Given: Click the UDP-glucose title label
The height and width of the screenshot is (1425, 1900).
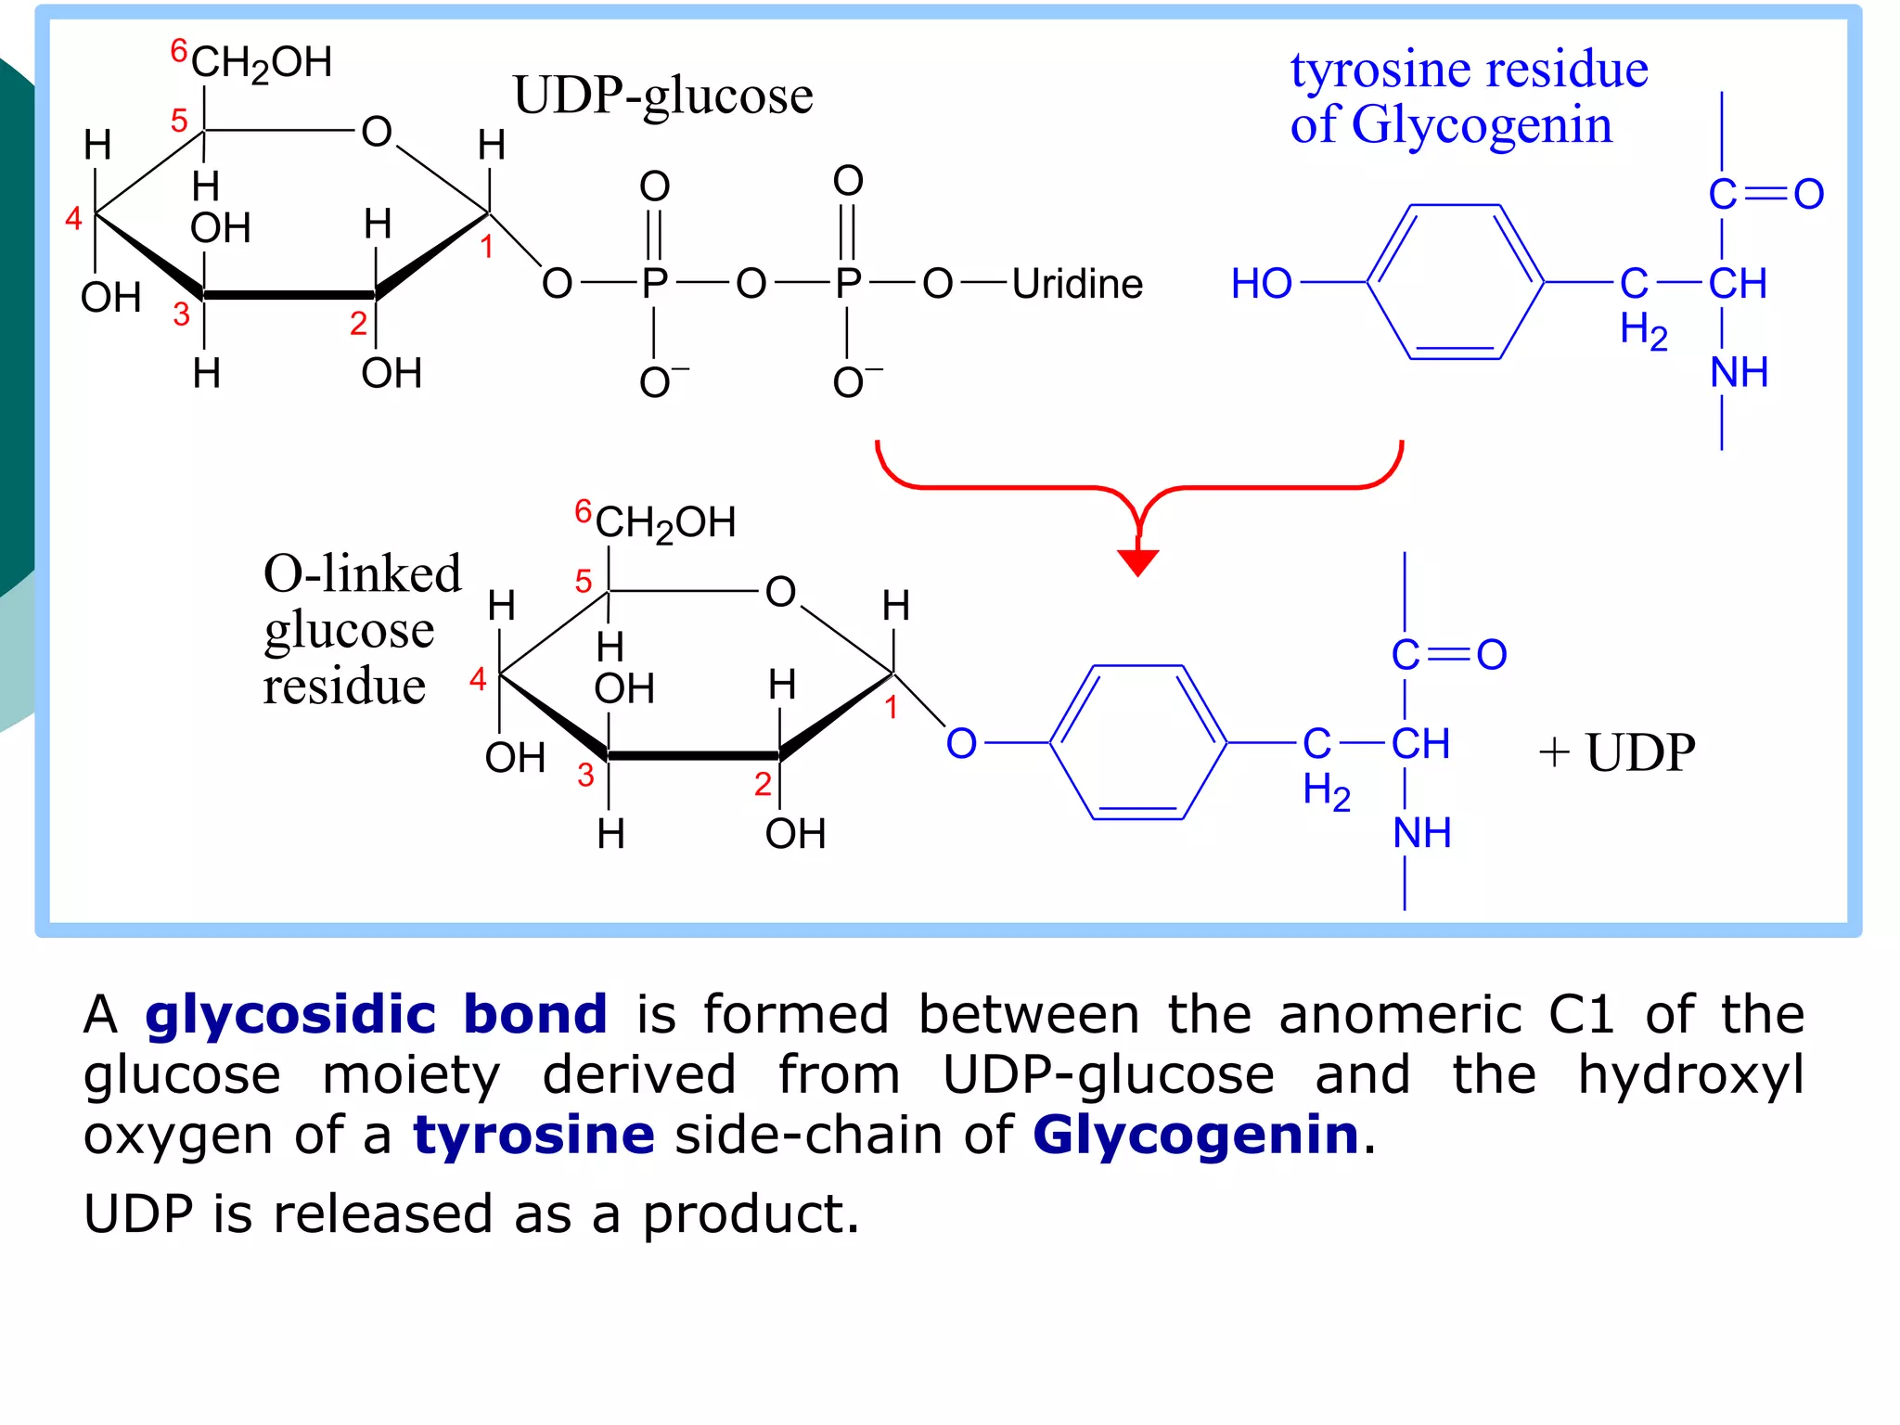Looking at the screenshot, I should point(662,96).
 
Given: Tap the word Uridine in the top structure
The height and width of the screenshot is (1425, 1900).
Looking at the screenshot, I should point(1077,284).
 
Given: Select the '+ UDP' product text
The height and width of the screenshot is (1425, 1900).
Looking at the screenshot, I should point(1617,751).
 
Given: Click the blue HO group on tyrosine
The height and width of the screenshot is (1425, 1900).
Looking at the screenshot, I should point(1261,283).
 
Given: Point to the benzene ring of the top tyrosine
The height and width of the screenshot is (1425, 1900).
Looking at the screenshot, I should point(1455,282).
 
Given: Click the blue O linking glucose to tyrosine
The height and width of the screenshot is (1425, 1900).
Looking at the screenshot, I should point(961,743).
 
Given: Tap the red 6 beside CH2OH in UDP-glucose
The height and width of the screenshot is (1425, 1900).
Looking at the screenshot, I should point(179,51).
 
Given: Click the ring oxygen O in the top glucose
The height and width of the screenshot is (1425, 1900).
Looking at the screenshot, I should point(377,132).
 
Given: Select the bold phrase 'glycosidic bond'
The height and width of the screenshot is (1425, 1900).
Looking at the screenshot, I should point(377,1014).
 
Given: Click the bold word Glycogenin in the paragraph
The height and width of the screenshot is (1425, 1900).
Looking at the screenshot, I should point(1195,1135).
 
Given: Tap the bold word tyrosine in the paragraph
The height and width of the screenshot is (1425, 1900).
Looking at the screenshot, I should point(533,1135).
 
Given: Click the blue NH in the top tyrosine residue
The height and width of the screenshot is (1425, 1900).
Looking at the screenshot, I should point(1739,372).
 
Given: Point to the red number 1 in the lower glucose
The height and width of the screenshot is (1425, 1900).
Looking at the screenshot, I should point(891,708).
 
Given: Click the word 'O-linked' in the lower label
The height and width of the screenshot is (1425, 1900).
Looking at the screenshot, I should point(362,573).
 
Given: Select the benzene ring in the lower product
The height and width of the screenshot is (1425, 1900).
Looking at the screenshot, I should point(1137,742).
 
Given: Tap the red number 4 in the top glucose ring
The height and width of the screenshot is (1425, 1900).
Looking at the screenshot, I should point(74,219).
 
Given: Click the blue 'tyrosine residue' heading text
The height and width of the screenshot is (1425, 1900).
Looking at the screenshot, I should point(1469,70).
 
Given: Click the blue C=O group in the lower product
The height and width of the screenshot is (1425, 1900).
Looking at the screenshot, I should point(1448,655).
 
